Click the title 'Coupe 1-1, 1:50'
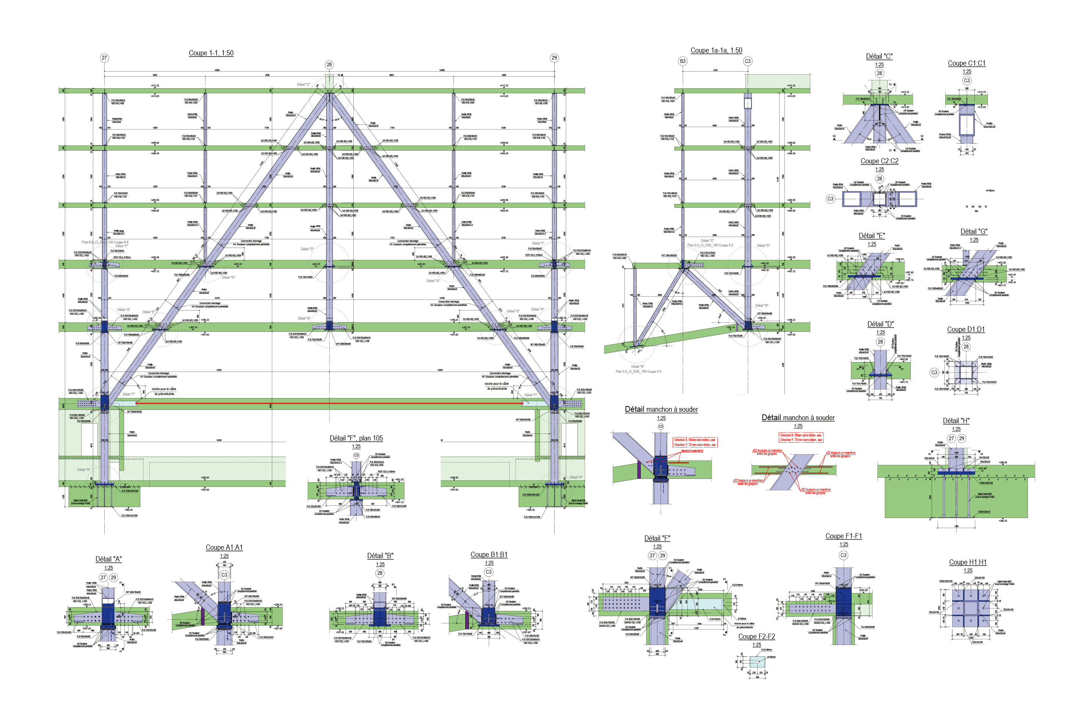(211, 53)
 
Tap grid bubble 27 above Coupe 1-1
(104, 58)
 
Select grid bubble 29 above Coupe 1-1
(554, 58)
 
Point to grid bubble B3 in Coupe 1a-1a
(682, 61)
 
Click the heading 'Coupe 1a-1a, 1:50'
(716, 50)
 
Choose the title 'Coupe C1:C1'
(966, 63)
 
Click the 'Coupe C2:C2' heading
(879, 161)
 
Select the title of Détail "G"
(974, 231)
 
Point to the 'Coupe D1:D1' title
(966, 329)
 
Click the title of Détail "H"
(956, 420)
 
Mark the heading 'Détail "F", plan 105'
(356, 438)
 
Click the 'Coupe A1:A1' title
(224, 548)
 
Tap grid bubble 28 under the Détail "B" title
(380, 573)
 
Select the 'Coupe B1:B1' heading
(489, 554)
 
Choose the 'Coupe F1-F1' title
(843, 536)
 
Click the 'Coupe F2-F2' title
(756, 636)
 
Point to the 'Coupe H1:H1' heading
(968, 562)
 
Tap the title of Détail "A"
(108, 559)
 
